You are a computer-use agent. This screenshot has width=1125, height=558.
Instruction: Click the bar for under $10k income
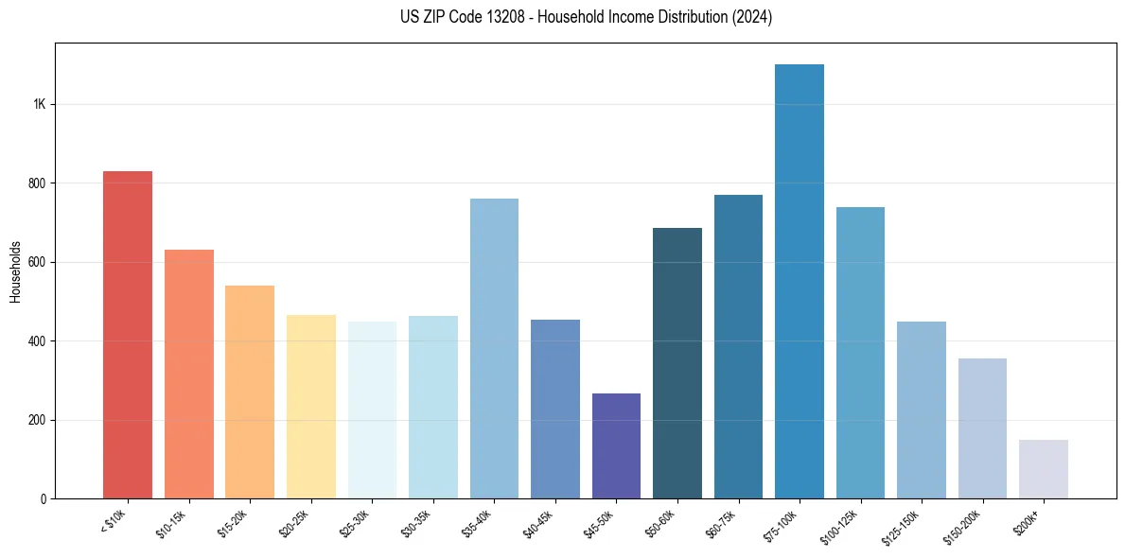(x=128, y=335)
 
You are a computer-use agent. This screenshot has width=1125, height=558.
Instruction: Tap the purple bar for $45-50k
(x=616, y=445)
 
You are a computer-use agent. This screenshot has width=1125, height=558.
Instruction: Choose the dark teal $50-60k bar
(x=677, y=363)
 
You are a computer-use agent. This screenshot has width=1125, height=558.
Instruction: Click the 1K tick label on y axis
(x=39, y=104)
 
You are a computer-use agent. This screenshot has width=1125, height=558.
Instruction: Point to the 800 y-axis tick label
(x=37, y=183)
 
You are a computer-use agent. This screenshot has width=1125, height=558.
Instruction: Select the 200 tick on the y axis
(x=37, y=420)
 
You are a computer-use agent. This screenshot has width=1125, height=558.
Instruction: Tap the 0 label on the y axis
(x=44, y=498)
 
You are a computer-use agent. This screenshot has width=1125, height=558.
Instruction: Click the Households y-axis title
(x=15, y=270)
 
